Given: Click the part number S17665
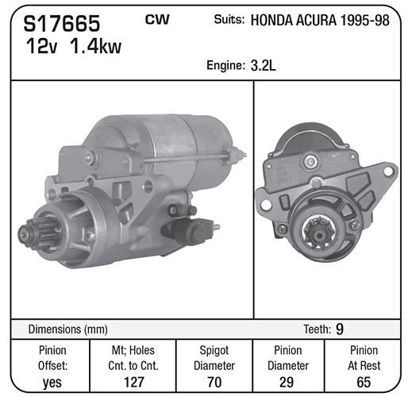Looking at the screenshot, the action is (x=62, y=23).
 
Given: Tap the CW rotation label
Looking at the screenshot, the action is (x=157, y=19).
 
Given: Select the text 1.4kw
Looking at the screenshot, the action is (x=95, y=47).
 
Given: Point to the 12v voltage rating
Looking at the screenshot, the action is (x=41, y=47).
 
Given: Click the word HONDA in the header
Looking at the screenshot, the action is (x=271, y=21).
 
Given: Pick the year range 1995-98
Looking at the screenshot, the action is (x=364, y=21).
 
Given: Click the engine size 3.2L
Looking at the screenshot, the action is (x=263, y=65).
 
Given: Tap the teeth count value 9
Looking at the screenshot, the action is (x=340, y=329).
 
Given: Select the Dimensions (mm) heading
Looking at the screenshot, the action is (x=67, y=330).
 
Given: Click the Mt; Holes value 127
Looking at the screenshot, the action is (x=134, y=382).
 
